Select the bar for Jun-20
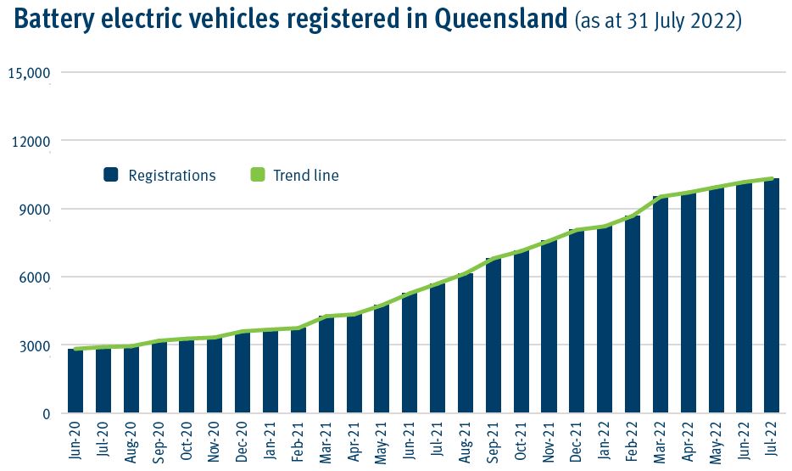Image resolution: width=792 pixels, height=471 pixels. (75, 381)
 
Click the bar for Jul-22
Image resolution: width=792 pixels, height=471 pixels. (772, 296)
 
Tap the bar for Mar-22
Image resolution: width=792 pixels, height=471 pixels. (660, 305)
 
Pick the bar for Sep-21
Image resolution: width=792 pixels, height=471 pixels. (493, 336)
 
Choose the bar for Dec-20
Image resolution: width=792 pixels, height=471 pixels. (243, 373)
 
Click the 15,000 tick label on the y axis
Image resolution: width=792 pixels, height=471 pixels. (30, 73)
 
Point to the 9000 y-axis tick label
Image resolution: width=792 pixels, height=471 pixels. (35, 210)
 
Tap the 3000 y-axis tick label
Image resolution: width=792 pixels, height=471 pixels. (35, 345)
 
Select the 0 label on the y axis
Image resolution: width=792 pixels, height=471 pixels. (47, 414)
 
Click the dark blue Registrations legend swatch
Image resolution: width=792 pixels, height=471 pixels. (110, 176)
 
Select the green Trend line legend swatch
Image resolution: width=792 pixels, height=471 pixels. (258, 176)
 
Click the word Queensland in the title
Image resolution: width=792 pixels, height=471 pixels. (500, 20)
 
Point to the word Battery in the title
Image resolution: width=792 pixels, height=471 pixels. (54, 20)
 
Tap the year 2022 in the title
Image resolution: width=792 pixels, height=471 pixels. (716, 22)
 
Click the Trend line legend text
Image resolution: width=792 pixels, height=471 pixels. (305, 176)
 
